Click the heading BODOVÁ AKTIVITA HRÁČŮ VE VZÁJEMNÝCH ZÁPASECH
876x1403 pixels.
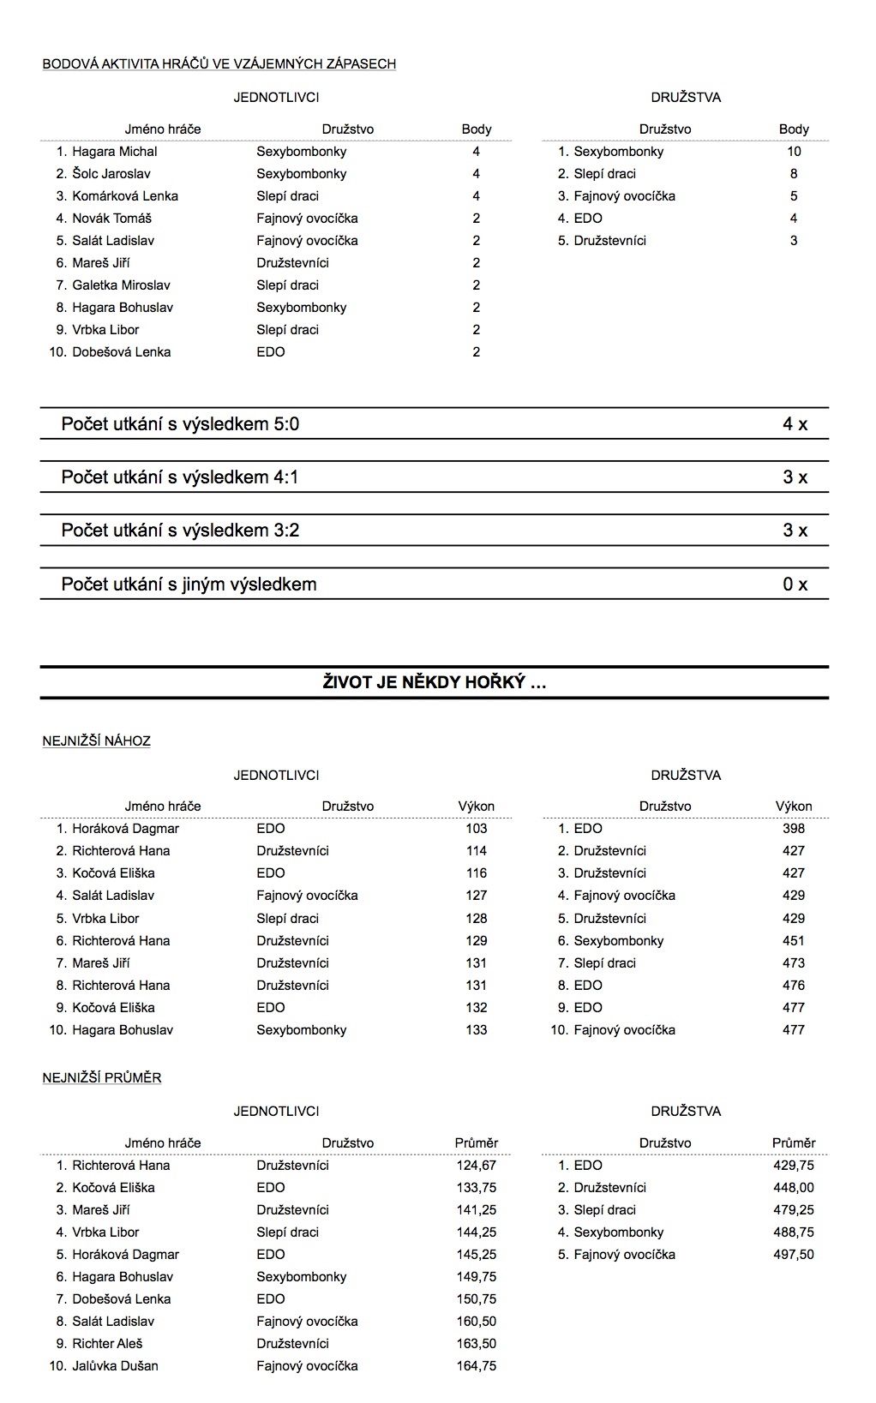tap(219, 63)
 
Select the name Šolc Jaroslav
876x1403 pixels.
tap(112, 174)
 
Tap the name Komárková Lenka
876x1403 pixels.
tap(125, 196)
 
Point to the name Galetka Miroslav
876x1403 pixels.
tap(121, 285)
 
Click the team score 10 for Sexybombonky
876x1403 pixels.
tap(794, 152)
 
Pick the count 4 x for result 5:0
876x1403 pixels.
tap(795, 424)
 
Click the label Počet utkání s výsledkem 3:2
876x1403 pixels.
tap(180, 531)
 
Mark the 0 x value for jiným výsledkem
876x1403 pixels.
tap(795, 585)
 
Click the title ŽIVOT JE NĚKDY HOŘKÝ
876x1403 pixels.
tap(434, 683)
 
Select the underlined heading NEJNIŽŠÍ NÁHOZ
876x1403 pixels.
tap(96, 741)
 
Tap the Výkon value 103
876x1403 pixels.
tap(476, 829)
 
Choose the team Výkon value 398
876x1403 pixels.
tap(794, 829)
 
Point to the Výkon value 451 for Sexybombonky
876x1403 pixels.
tap(794, 941)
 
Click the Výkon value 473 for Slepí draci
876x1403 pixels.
tap(794, 963)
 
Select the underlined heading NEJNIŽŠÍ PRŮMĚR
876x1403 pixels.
tap(102, 1078)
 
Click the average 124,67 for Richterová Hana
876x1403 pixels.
tap(476, 1166)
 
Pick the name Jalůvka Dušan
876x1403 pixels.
tap(115, 1366)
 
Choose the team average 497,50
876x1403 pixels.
tap(794, 1255)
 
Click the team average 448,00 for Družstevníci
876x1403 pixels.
tap(794, 1188)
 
